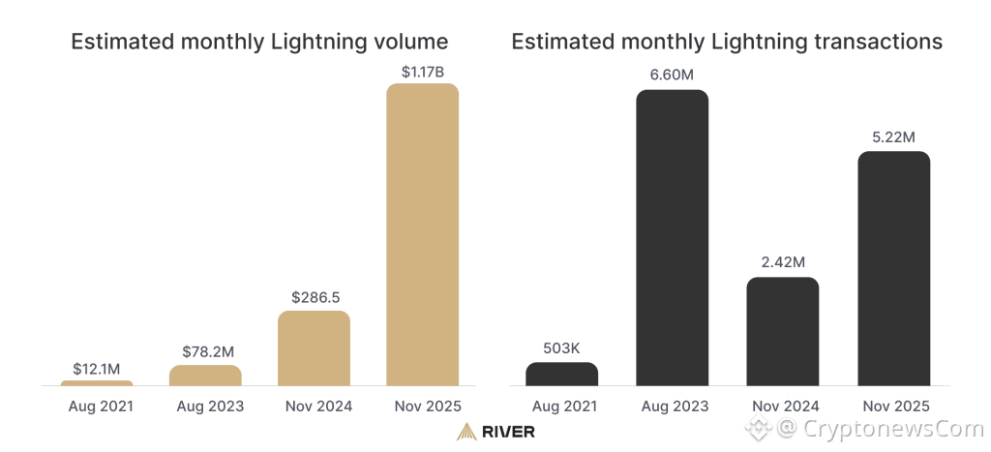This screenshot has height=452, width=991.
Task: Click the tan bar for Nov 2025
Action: [422, 235]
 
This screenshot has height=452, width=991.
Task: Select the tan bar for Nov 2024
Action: [314, 348]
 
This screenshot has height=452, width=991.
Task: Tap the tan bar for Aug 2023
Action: [205, 376]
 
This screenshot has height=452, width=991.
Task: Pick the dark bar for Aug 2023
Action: [672, 238]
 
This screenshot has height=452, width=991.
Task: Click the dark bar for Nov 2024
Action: [782, 332]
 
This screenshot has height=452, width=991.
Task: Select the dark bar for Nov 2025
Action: [893, 269]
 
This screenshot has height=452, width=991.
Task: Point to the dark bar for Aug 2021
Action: [561, 375]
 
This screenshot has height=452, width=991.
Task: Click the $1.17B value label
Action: [422, 71]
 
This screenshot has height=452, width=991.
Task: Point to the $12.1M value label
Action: [97, 369]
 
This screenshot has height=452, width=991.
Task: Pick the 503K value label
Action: [561, 349]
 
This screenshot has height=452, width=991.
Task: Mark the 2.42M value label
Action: [782, 263]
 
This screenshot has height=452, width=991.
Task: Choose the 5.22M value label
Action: [893, 137]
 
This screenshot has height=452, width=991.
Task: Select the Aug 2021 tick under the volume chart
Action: [97, 406]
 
